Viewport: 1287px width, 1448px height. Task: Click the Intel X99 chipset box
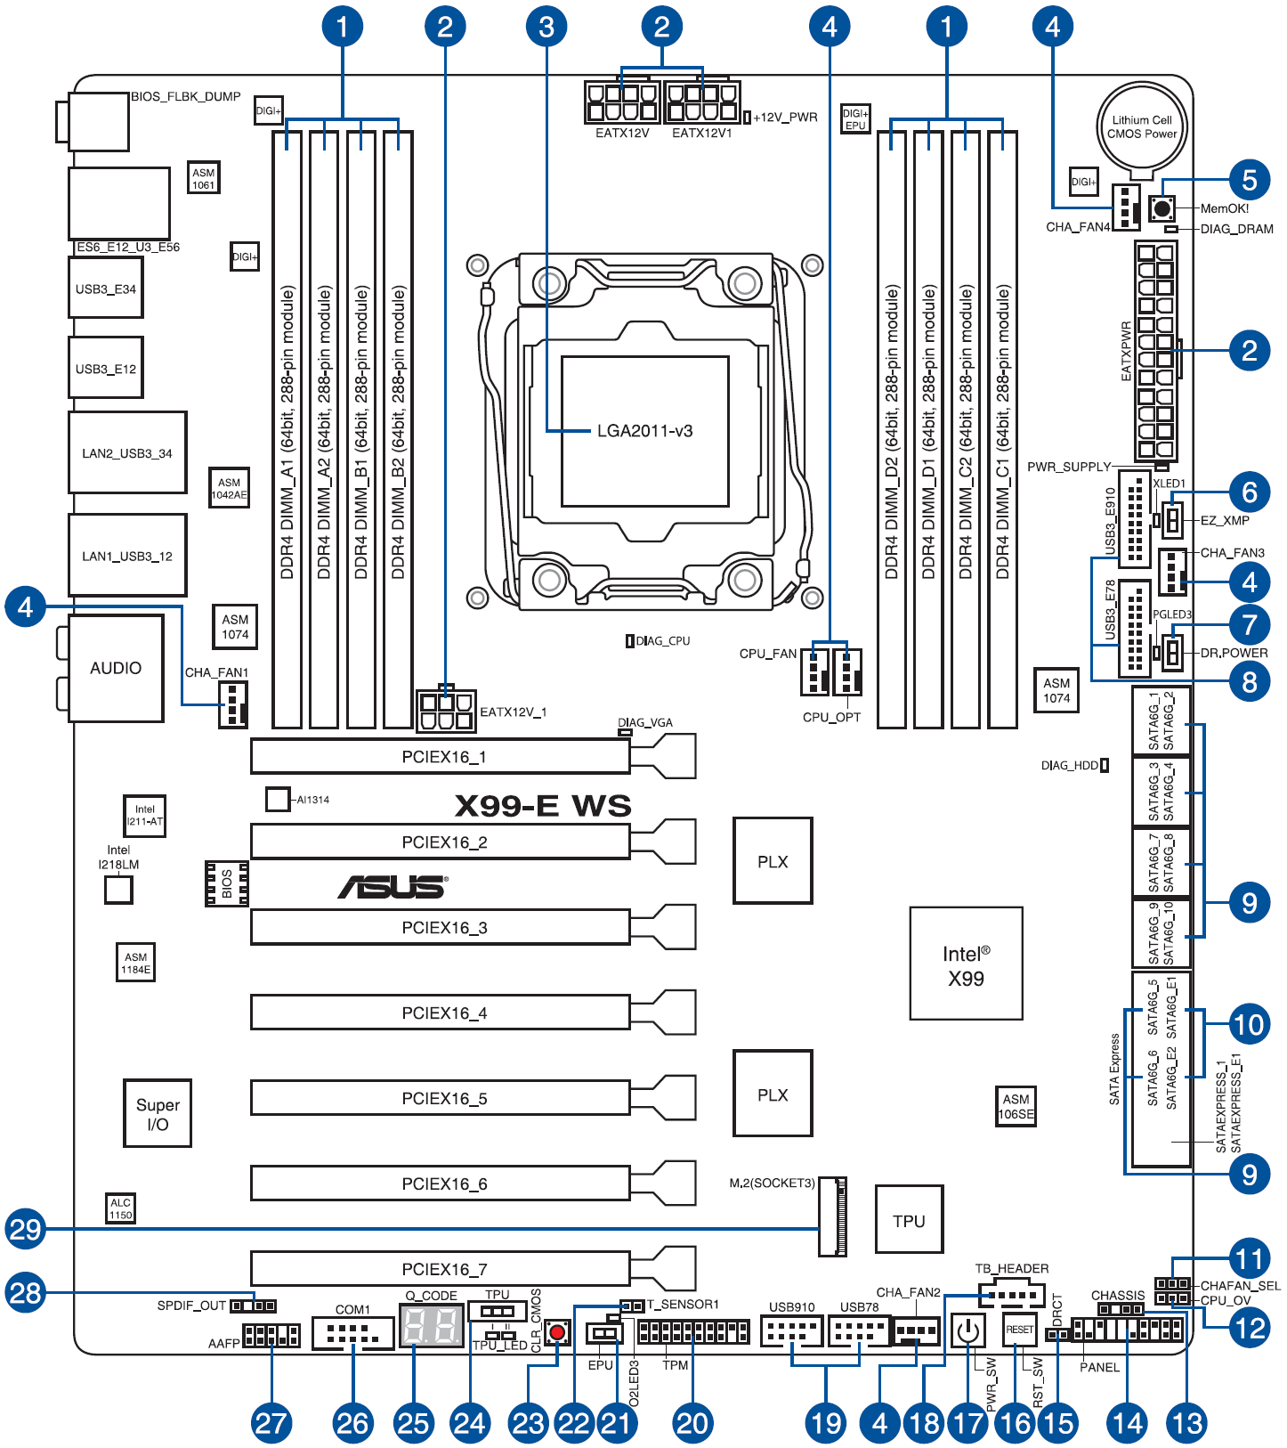(966, 964)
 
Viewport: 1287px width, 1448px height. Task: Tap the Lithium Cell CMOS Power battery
(1142, 126)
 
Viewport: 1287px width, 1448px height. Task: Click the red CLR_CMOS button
(558, 1332)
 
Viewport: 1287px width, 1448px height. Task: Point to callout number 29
(25, 1229)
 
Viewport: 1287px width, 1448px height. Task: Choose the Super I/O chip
(158, 1113)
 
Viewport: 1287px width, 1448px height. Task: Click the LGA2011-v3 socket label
(644, 431)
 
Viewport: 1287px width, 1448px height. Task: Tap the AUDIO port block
(116, 668)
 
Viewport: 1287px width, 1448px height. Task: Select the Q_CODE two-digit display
(432, 1326)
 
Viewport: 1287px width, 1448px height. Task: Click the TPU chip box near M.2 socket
(909, 1221)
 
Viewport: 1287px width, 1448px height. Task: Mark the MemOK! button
(1162, 208)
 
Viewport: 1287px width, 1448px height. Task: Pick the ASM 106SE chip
(1016, 1106)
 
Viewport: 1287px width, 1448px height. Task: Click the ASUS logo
(393, 887)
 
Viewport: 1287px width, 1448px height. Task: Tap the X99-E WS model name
(542, 806)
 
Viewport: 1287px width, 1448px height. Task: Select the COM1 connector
(352, 1333)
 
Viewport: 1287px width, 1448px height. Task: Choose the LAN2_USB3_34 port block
(127, 453)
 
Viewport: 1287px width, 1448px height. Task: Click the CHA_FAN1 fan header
(233, 704)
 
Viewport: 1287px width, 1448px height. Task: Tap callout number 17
(967, 1422)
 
